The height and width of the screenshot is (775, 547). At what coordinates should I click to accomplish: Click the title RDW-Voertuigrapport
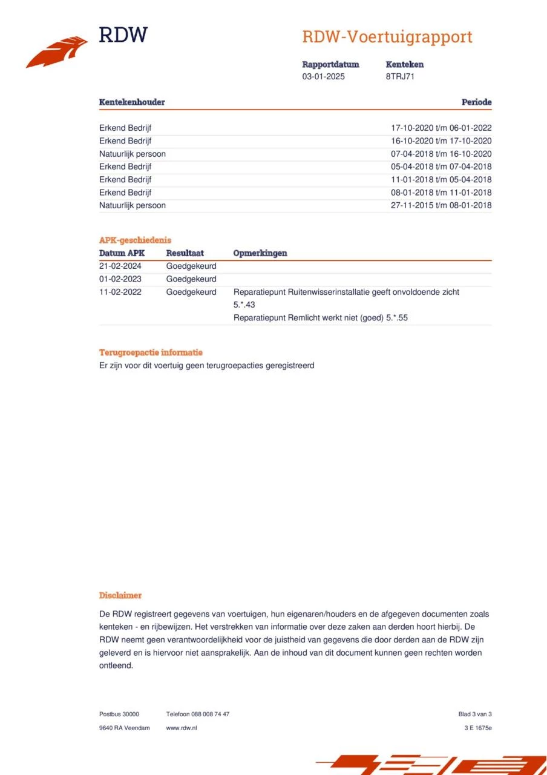[387, 37]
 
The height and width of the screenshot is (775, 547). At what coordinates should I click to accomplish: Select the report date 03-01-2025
[324, 77]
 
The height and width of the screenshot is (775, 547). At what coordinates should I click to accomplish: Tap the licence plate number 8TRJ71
[400, 77]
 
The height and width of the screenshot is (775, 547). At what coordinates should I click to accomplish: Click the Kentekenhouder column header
[132, 102]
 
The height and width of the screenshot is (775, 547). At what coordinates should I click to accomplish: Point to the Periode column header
[476, 102]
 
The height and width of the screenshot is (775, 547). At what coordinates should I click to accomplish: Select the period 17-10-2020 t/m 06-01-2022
[441, 128]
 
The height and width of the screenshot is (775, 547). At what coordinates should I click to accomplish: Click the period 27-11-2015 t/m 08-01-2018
[441, 205]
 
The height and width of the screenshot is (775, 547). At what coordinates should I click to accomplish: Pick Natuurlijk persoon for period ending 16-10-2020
[133, 154]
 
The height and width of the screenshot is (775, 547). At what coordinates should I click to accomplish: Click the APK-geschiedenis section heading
[135, 240]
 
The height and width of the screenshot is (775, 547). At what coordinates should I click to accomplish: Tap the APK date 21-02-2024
[120, 266]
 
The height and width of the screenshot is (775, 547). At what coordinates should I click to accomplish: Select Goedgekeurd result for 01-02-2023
[191, 279]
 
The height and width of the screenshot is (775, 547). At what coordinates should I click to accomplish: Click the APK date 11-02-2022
[120, 292]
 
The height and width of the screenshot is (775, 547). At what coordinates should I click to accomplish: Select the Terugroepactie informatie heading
[151, 352]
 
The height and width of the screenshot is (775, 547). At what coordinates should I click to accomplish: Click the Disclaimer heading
[120, 596]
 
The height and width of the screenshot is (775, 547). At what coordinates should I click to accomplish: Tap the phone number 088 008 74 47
[210, 714]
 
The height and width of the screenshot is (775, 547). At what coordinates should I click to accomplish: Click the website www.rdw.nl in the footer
[182, 728]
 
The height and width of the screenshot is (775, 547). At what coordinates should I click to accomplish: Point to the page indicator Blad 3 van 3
[475, 714]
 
